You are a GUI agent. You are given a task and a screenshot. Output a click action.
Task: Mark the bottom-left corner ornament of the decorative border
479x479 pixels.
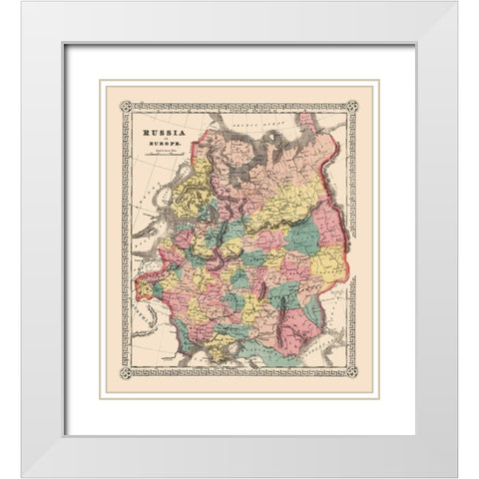127,373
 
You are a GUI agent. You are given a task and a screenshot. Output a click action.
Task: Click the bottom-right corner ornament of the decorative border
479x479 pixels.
351,373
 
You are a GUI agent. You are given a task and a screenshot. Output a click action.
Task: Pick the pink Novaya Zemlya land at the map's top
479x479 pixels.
319,124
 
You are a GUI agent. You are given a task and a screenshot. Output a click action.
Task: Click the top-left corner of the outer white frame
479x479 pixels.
22,3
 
